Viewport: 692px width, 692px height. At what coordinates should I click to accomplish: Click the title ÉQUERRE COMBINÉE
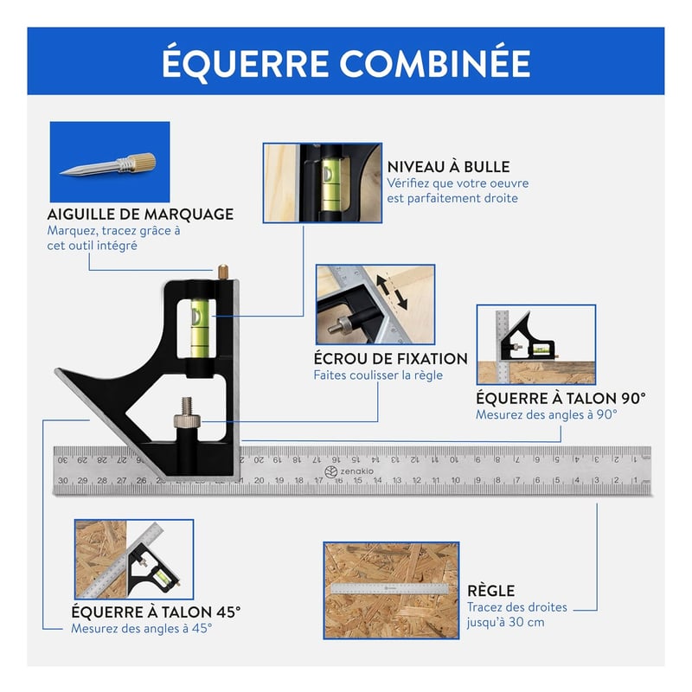pos(346,63)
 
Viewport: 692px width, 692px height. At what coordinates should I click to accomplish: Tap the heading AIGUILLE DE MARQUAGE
pos(140,214)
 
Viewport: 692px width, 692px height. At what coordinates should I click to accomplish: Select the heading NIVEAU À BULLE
pos(448,166)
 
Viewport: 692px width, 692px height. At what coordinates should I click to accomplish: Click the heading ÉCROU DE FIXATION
pos(391,358)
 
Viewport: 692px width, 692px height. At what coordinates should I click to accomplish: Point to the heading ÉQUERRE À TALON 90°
pos(561,398)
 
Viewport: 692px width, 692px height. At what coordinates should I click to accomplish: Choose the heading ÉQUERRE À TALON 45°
pos(156,612)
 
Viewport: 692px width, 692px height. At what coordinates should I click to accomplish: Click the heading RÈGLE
pos(490,591)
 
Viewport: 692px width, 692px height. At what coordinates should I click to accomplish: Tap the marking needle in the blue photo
pos(107,165)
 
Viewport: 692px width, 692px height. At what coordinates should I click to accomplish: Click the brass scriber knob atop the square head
pos(223,271)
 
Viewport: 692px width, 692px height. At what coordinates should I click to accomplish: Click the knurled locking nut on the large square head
pos(187,421)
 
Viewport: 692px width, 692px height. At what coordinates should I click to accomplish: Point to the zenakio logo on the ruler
pos(349,471)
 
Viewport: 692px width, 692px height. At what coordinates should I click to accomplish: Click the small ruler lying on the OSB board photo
pos(390,588)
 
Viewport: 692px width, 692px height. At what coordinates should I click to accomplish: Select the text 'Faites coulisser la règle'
pos(378,375)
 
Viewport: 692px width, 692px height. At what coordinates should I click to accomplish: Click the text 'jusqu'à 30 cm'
pos(505,622)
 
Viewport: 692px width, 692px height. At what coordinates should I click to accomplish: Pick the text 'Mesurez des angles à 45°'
pos(142,628)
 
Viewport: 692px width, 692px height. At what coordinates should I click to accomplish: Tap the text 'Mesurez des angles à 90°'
pos(547,415)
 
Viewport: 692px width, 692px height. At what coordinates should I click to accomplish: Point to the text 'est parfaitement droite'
pos(452,198)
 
